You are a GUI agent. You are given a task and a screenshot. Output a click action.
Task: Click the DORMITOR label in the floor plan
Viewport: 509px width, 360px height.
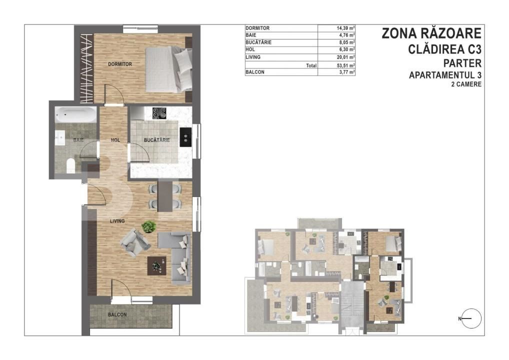coord(120,64)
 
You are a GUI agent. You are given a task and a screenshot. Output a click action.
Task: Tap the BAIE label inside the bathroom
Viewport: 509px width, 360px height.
coord(78,140)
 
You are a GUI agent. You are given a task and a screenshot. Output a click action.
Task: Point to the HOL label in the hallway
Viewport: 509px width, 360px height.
coord(115,140)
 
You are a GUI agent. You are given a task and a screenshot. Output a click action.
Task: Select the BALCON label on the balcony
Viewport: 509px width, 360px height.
coord(117,314)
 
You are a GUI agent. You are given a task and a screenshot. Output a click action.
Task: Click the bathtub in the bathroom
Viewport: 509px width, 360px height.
coord(75,114)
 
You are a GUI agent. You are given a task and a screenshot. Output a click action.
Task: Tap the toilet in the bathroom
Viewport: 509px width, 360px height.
coord(70,165)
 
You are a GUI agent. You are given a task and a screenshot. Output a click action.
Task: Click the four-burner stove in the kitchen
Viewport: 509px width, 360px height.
coord(159,113)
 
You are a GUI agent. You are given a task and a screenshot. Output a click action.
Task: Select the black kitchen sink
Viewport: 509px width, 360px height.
coord(185,135)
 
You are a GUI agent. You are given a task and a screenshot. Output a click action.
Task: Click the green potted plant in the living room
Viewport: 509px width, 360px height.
coord(148,226)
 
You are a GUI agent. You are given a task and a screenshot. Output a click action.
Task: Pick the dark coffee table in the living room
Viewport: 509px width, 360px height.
coord(157,266)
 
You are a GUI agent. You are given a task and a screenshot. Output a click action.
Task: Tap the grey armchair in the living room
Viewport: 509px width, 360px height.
coord(135,243)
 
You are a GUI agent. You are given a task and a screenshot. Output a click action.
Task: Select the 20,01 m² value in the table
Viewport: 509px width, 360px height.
coord(345,57)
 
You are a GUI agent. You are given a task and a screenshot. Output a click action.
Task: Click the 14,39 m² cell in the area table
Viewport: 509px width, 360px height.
coord(345,28)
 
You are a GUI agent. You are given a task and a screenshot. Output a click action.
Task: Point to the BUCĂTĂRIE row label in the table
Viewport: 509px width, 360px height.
coord(258,42)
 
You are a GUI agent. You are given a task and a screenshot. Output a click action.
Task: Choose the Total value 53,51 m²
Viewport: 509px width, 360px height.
coord(345,65)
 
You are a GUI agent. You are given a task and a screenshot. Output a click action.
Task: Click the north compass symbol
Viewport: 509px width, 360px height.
coord(470,318)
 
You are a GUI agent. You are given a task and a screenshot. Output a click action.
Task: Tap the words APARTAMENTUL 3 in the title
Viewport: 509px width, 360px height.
coord(445,75)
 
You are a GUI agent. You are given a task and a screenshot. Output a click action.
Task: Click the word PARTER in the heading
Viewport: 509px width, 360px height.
coord(462,62)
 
